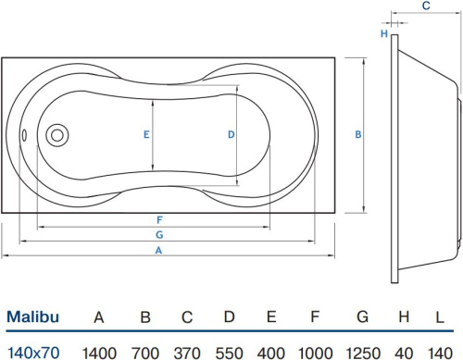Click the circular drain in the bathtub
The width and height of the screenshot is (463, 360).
click(57, 135)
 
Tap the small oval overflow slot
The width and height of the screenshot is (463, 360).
click(24, 135)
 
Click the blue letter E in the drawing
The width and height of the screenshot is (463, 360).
click(146, 134)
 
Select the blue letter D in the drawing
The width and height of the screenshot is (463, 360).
click(231, 134)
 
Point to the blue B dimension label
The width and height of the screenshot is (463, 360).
click(358, 134)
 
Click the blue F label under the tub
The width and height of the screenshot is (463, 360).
click(159, 220)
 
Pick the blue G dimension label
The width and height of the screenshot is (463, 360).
click(159, 235)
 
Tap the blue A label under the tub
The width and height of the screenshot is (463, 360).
click(158, 250)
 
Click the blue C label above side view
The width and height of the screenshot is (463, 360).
click(426, 6)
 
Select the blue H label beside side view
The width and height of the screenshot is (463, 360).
click(384, 33)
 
